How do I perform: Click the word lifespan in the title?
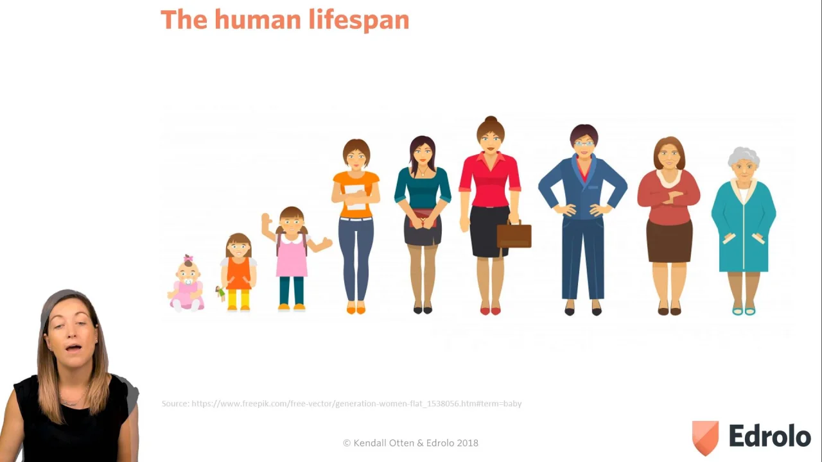click(359, 21)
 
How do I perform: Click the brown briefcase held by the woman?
click(514, 235)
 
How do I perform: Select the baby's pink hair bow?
click(188, 258)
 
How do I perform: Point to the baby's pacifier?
click(188, 282)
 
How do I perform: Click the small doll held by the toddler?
click(220, 293)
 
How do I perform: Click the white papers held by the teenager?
click(355, 197)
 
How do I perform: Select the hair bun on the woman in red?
click(491, 119)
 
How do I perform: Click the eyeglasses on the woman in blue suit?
click(584, 144)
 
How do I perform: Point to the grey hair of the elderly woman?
click(744, 157)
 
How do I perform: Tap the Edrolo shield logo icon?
click(705, 438)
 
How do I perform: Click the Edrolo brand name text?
click(769, 436)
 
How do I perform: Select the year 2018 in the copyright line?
click(468, 443)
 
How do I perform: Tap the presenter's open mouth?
click(73, 347)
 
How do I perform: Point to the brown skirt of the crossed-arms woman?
click(669, 241)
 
